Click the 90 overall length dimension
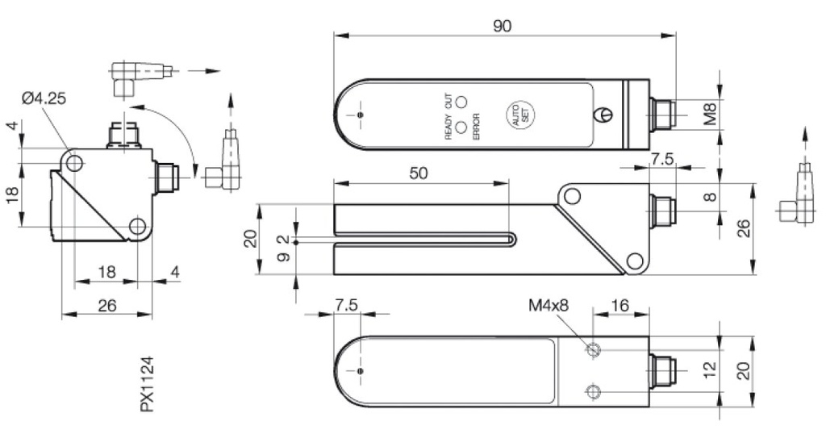click(x=502, y=25)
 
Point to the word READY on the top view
click(x=448, y=126)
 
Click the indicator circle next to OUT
click(x=461, y=102)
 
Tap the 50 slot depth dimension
click(x=419, y=173)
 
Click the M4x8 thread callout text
click(x=548, y=306)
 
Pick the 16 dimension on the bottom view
click(x=619, y=306)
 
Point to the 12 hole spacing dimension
click(x=709, y=370)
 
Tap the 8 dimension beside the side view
click(x=709, y=195)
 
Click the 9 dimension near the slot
click(x=282, y=258)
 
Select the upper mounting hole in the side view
click(x=572, y=195)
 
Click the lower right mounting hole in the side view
click(x=635, y=261)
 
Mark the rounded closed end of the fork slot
click(x=512, y=240)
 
